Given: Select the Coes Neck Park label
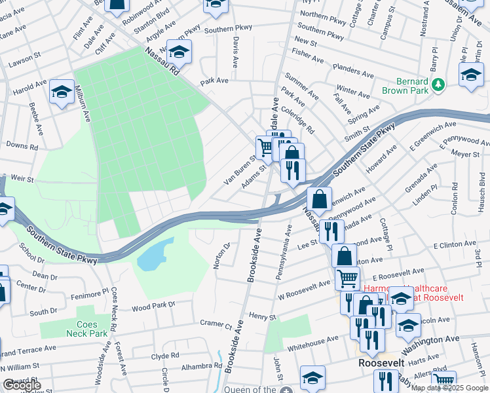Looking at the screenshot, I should pos(86,329).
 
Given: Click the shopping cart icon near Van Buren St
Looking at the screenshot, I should pos(265,147).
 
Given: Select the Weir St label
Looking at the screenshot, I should pos(22,178).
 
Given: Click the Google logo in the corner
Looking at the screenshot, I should pos(22,386).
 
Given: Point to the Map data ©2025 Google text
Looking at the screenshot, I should pos(449,388).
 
